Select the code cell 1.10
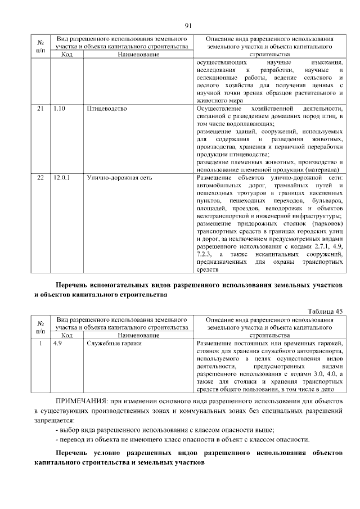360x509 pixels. [x=59, y=108]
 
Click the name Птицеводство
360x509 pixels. [x=106, y=108]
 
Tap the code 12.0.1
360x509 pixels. [x=61, y=178]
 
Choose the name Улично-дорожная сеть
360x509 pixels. [x=116, y=178]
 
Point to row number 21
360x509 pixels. [x=40, y=108]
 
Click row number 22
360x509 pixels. [x=40, y=178]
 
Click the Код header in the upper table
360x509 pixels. [x=66, y=55]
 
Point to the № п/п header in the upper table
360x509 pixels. [x=40, y=46]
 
